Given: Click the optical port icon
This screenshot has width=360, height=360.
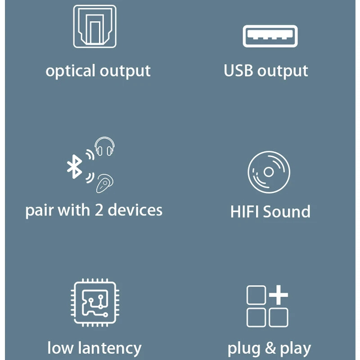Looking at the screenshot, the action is (94, 26).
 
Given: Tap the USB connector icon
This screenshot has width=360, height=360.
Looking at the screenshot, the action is (270, 36).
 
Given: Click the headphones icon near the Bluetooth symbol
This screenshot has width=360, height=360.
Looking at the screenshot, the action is (104, 147).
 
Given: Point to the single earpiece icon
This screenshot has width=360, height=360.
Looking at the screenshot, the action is (105, 183).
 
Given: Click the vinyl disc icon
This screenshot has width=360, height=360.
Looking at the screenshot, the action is (269, 172).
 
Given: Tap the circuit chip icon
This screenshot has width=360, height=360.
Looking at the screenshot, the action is (94, 302).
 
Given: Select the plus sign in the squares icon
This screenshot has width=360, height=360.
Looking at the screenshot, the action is (279, 295).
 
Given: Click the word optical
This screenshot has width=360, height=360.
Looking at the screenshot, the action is (71, 71).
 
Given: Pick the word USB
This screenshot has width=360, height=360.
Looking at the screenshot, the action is (238, 71).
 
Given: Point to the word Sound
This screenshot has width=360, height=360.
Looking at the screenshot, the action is (287, 211).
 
